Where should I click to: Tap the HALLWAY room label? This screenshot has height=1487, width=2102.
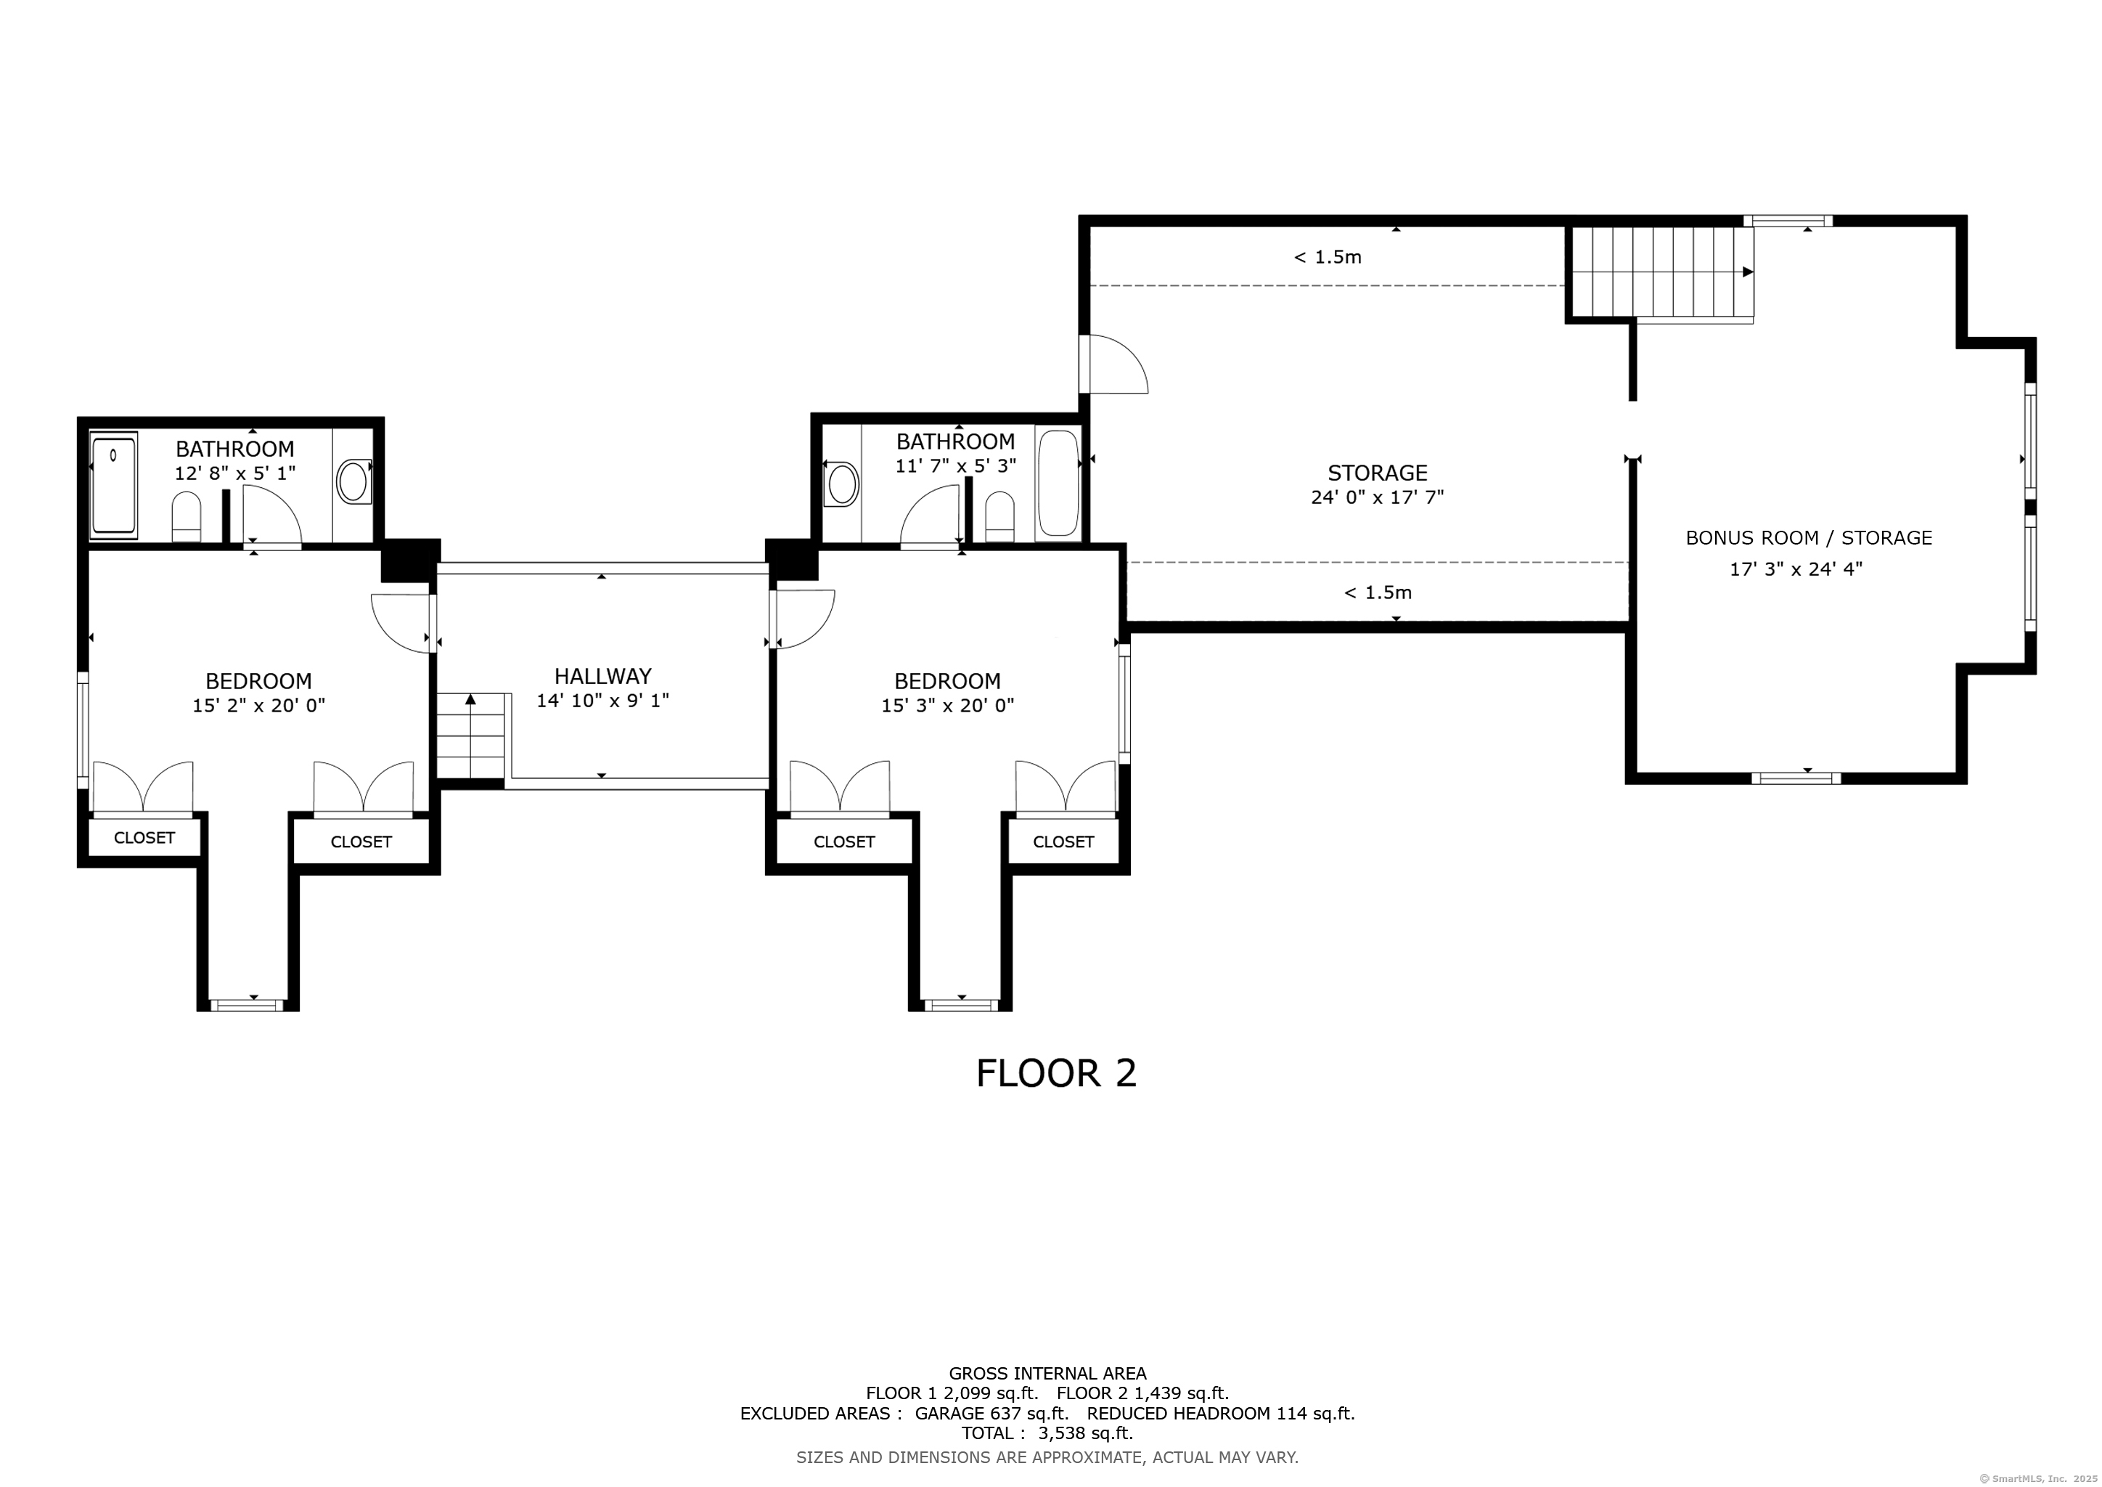tap(602, 676)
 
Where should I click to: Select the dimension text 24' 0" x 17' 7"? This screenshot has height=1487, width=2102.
tap(1377, 497)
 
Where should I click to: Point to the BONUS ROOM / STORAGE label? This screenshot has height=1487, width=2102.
tap(1808, 537)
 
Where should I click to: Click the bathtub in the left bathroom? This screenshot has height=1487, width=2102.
tap(113, 484)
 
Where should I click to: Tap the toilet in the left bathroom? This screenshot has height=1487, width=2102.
tap(186, 518)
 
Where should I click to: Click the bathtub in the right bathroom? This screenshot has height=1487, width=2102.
tap(1058, 484)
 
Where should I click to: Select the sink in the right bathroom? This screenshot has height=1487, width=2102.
tap(841, 484)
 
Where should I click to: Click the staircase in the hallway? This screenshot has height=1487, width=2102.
tap(470, 736)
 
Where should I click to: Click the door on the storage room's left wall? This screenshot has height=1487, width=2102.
tap(1113, 364)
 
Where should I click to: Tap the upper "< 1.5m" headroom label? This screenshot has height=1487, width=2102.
tap(1328, 257)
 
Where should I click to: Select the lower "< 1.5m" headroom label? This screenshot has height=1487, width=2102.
tap(1377, 592)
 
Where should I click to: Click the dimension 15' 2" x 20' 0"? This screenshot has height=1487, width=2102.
tap(259, 705)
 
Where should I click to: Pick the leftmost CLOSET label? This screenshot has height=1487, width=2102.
tap(144, 838)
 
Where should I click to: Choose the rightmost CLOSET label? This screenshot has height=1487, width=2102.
tap(1063, 842)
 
